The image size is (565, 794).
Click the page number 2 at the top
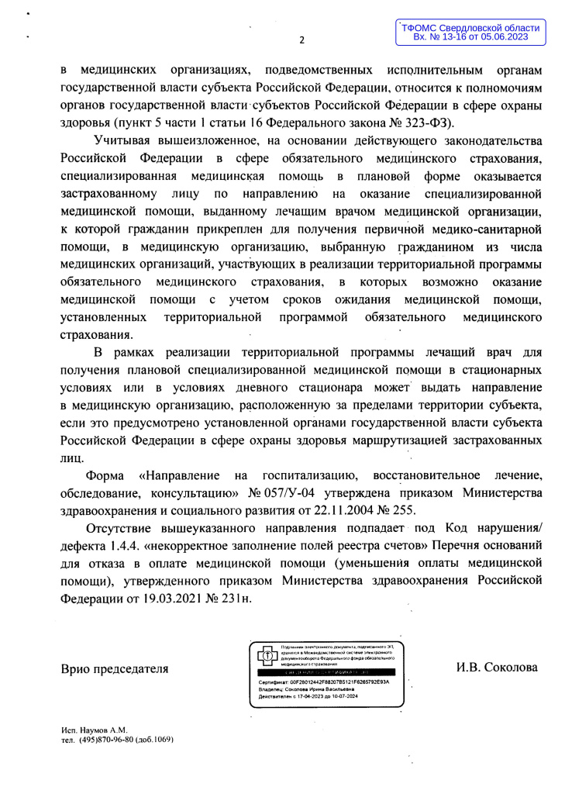click(x=303, y=40)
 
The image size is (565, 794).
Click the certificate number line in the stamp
click(x=323, y=682)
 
